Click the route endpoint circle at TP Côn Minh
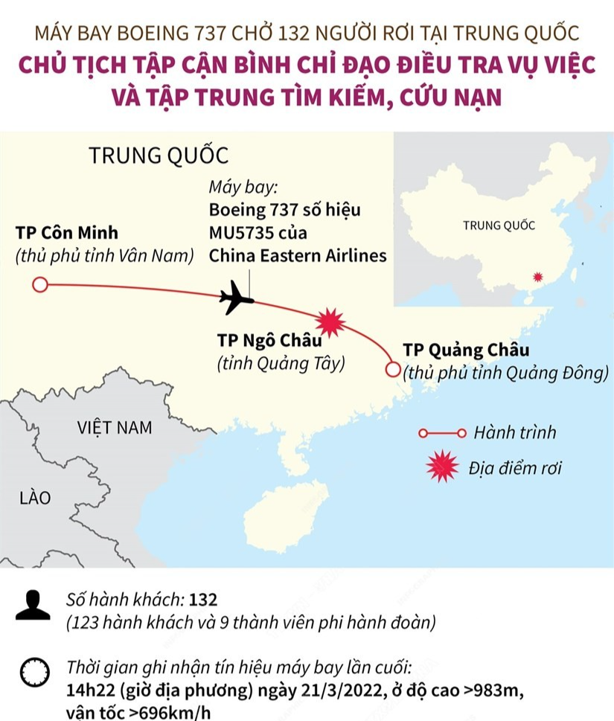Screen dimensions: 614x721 click(x=40, y=285)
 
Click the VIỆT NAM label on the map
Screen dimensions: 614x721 click(x=115, y=428)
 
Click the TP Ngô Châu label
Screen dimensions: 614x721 click(x=269, y=340)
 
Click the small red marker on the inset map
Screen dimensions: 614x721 click(x=538, y=277)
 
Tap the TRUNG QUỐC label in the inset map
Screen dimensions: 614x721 click(x=499, y=226)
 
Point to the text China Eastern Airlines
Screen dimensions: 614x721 click(x=298, y=255)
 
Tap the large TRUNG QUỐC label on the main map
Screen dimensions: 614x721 click(x=158, y=156)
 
